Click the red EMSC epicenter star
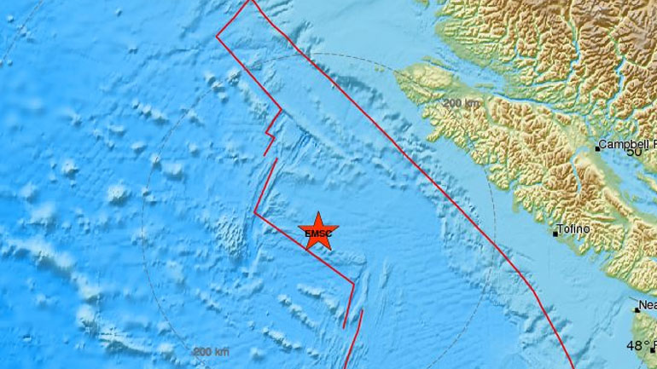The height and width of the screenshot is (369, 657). (319, 231)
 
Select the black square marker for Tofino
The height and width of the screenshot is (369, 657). (556, 233)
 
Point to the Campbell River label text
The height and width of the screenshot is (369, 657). (627, 144)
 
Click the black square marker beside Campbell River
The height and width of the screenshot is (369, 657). (597, 148)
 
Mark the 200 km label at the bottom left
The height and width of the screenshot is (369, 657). (210, 352)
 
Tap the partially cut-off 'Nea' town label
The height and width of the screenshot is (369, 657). (647, 304)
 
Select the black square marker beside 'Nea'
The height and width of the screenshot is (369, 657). (635, 308)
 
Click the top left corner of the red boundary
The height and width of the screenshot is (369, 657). (217, 35)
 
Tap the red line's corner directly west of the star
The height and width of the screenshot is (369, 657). (256, 213)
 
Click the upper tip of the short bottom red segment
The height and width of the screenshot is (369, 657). (363, 311)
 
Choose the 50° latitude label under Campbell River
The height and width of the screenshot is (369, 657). (634, 152)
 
